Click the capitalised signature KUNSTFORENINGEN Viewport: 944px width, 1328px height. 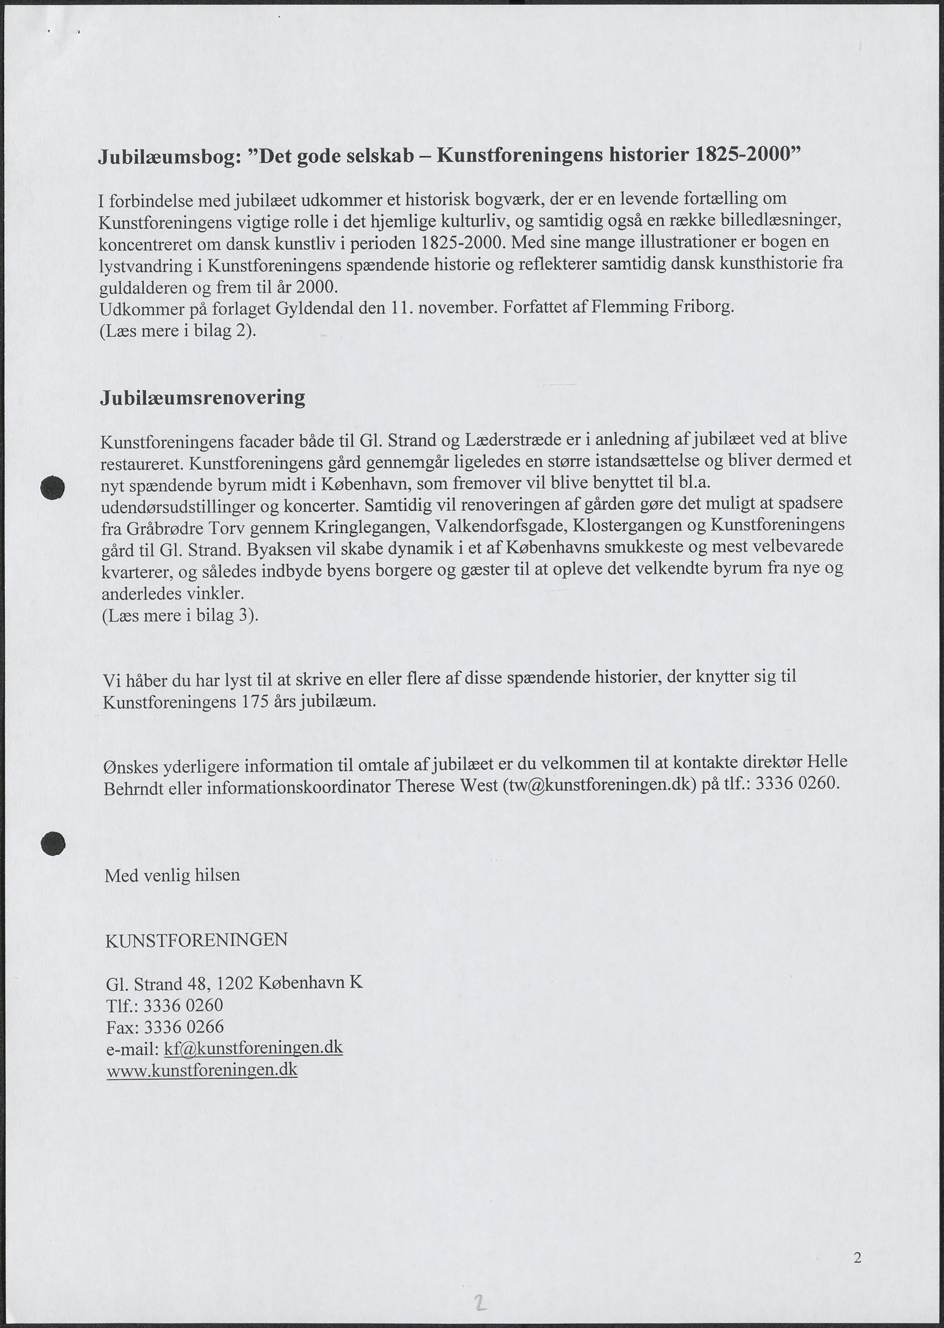(196, 940)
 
